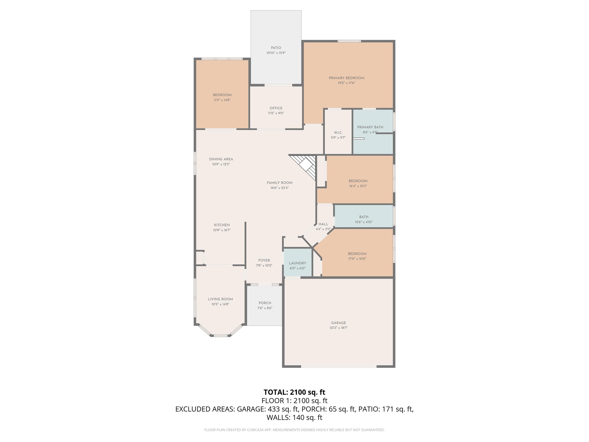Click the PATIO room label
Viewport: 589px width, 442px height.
point(276,48)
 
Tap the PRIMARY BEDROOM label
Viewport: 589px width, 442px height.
point(346,78)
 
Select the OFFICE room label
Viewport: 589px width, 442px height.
point(276,108)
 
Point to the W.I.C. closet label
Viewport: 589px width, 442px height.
point(338,133)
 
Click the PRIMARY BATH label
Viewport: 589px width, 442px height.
point(370,127)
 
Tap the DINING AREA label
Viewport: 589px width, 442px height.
point(221,159)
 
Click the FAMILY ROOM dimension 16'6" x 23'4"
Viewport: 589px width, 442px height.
point(280,188)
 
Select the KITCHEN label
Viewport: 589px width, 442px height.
point(222,225)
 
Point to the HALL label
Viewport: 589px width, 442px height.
point(323,224)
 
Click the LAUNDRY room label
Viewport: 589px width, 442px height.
point(297,263)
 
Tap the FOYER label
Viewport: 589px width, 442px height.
point(264,261)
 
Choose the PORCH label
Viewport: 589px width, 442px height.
point(265,303)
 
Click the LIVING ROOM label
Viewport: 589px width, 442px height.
point(220,299)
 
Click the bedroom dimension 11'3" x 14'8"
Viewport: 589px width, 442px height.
point(222,100)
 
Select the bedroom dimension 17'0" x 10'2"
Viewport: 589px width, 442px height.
point(357,259)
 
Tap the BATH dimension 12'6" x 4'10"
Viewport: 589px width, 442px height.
point(364,222)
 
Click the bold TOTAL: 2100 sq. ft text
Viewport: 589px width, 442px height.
point(294,392)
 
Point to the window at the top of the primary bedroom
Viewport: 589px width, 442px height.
point(349,41)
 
